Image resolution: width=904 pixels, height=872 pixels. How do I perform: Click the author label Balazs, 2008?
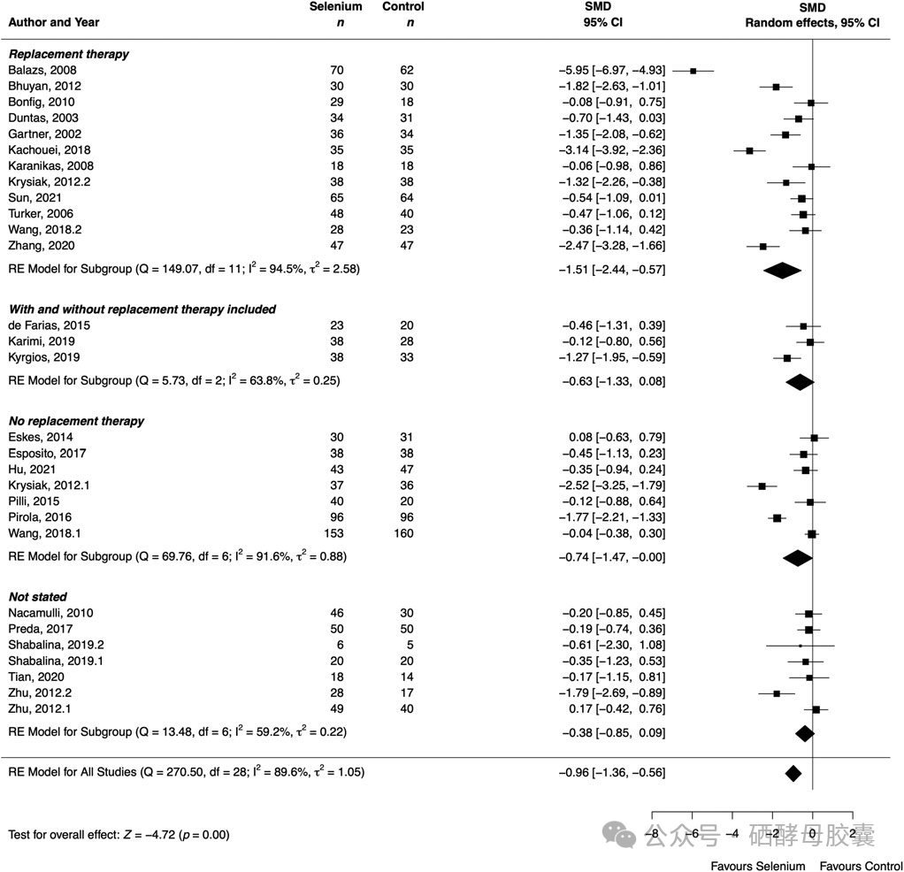pyautogui.click(x=42, y=70)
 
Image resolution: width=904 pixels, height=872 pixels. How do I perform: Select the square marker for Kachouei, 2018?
pyautogui.click(x=749, y=150)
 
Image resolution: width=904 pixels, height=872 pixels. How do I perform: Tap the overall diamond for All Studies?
pyautogui.click(x=793, y=773)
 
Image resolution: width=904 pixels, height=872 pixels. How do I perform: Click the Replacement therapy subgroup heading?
pyautogui.click(x=69, y=54)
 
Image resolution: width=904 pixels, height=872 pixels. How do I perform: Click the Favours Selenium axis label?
pyautogui.click(x=758, y=865)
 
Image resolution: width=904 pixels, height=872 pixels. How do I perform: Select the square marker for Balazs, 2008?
pyautogui.click(x=693, y=71)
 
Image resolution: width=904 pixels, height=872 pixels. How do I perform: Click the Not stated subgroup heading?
pyautogui.click(x=38, y=597)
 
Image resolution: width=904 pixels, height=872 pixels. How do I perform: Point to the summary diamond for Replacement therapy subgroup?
pyautogui.click(x=781, y=271)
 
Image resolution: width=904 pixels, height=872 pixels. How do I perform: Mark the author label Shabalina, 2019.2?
pyautogui.click(x=57, y=645)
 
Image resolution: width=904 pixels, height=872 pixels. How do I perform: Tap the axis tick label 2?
pyautogui.click(x=852, y=833)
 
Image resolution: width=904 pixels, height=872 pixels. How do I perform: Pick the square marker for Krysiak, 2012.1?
pyautogui.click(x=762, y=486)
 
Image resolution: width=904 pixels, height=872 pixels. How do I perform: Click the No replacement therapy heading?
pyautogui.click(x=77, y=421)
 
